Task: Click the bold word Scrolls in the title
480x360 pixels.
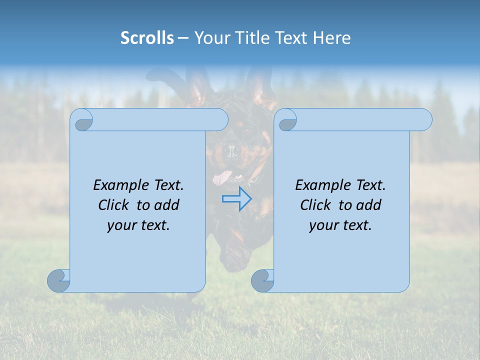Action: tap(147, 38)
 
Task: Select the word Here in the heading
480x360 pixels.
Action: tap(332, 38)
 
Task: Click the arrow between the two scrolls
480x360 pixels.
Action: tap(237, 199)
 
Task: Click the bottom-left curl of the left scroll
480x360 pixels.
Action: tap(58, 280)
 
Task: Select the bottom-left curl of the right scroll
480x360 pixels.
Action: tap(262, 280)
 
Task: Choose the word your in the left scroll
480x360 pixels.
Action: tap(122, 225)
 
